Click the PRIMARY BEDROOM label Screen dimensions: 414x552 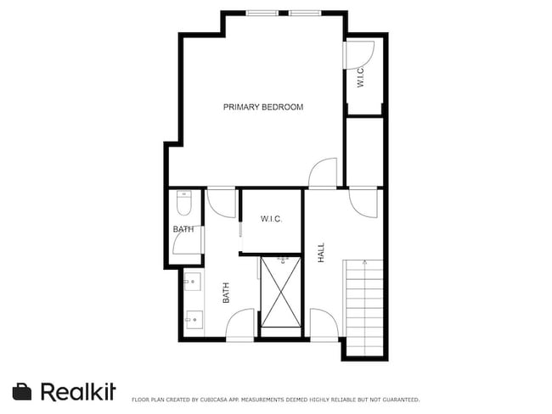click(263, 107)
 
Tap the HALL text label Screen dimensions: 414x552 click(321, 252)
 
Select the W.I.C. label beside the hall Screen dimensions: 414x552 click(271, 219)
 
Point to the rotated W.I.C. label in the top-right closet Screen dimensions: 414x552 click(360, 78)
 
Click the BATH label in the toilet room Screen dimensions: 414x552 click(183, 229)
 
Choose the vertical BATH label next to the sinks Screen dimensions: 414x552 click(227, 293)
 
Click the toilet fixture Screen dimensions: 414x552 click(184, 204)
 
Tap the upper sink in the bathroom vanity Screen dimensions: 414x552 click(192, 282)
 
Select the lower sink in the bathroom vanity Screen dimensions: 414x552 click(192, 319)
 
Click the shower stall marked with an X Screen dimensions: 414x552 click(281, 291)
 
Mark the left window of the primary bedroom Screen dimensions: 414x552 click(262, 13)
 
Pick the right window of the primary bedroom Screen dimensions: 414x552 click(305, 13)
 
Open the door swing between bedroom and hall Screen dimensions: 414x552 click(324, 173)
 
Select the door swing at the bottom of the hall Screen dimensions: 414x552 click(324, 325)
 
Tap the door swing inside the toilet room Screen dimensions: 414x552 click(187, 244)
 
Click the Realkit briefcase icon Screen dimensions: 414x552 click(22, 391)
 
